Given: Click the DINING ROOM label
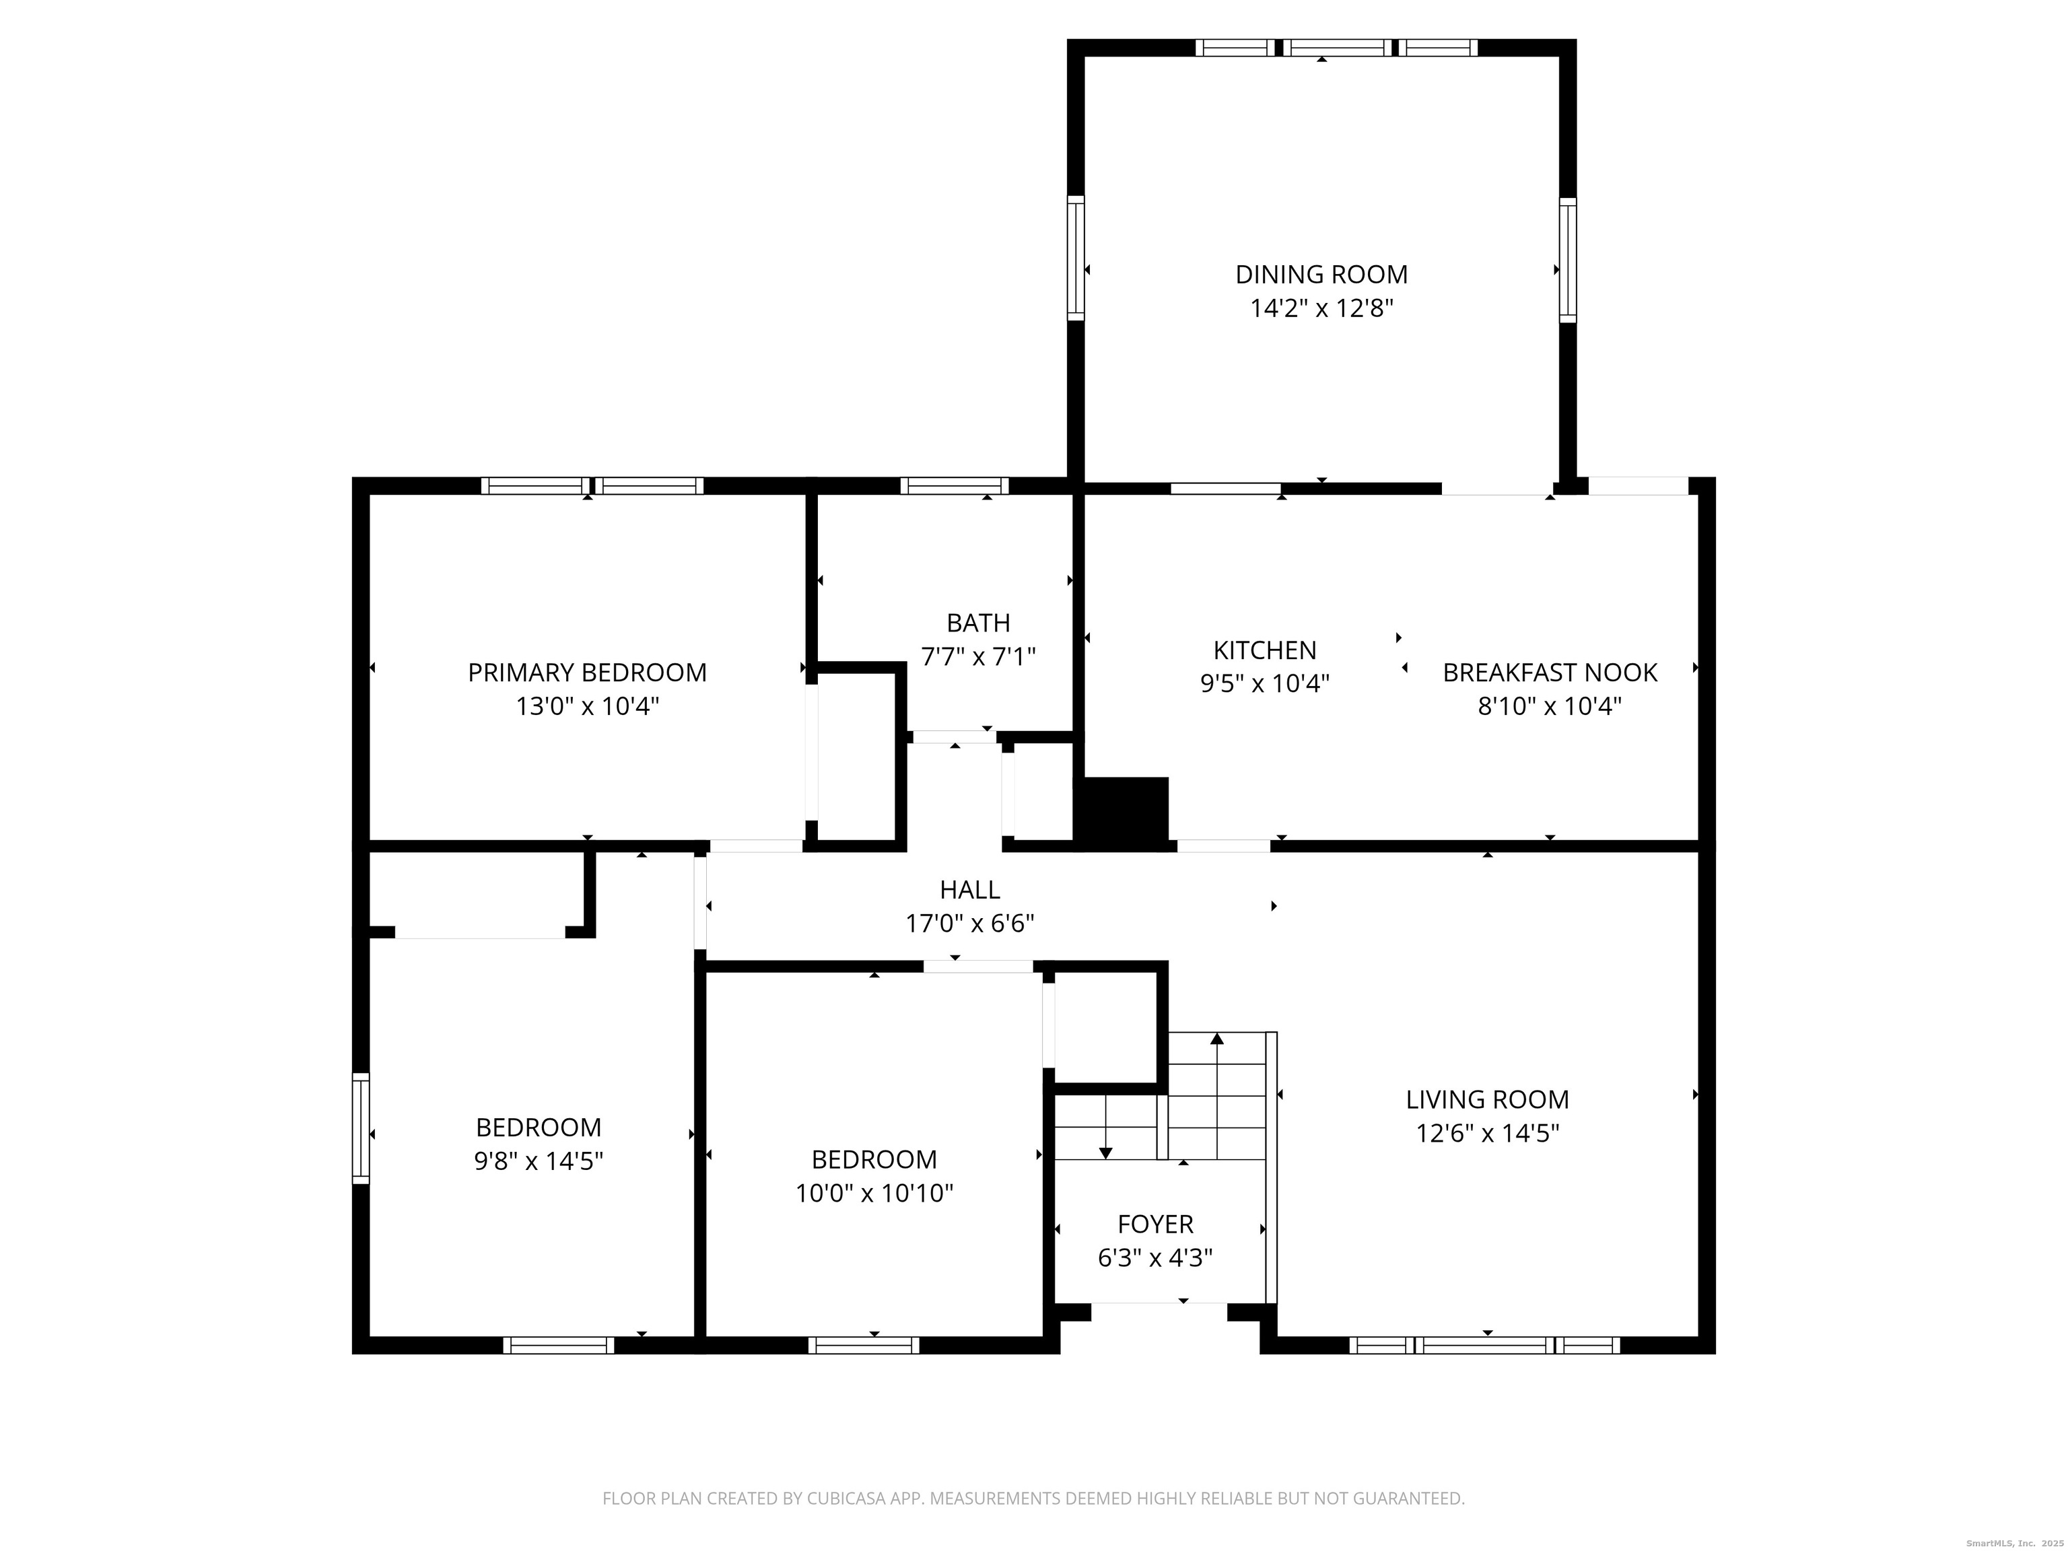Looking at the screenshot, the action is pos(1321,274).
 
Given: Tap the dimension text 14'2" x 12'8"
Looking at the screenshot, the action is pos(1321,308).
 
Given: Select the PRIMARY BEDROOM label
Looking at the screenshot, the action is pos(587,673).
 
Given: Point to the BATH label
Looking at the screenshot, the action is pos(978,623).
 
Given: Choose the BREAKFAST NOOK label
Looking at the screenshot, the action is pos(1550,673).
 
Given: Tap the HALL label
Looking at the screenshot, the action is pos(969,889).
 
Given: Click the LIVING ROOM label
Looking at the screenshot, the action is pos(1488,1099).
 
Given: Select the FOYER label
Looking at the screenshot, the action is pos(1156,1224).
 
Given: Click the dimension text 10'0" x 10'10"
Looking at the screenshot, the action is pos(874,1193).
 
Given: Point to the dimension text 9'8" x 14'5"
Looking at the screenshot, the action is pos(539,1161).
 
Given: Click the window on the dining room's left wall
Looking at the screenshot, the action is pos(1076,258).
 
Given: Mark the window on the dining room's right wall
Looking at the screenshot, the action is pos(1568,260).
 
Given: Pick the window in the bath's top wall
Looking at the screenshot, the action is pos(955,485).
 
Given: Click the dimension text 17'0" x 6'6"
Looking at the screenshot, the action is pos(969,924).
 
